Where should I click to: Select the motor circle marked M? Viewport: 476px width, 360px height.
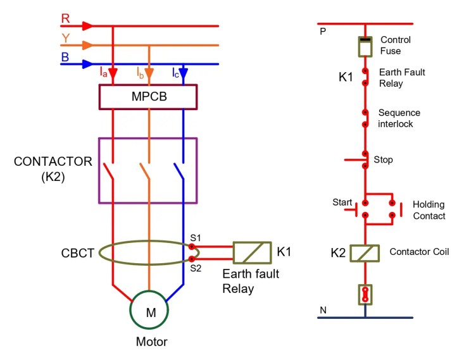pyautogui.click(x=150, y=312)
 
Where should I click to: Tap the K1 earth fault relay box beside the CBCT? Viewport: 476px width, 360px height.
pyautogui.click(x=252, y=252)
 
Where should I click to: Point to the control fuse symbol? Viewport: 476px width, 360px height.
pyautogui.click(x=365, y=46)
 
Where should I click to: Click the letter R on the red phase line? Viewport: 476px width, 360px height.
pyautogui.click(x=65, y=18)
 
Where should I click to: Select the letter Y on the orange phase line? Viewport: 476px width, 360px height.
pyautogui.click(x=65, y=38)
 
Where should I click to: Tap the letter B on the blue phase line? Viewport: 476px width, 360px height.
pyautogui.click(x=65, y=57)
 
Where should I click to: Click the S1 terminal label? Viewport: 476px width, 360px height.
pyautogui.click(x=195, y=238)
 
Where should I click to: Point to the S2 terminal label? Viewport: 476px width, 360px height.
pyautogui.click(x=195, y=268)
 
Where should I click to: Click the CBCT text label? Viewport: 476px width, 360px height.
pyautogui.click(x=78, y=253)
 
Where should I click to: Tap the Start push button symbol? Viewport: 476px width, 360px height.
pyautogui.click(x=357, y=206)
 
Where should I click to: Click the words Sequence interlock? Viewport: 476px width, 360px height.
pyautogui.click(x=399, y=118)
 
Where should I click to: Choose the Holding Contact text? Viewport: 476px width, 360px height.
pyautogui.click(x=429, y=210)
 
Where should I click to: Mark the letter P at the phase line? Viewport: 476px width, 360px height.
pyautogui.click(x=323, y=30)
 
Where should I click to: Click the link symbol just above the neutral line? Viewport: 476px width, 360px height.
pyautogui.click(x=365, y=294)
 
